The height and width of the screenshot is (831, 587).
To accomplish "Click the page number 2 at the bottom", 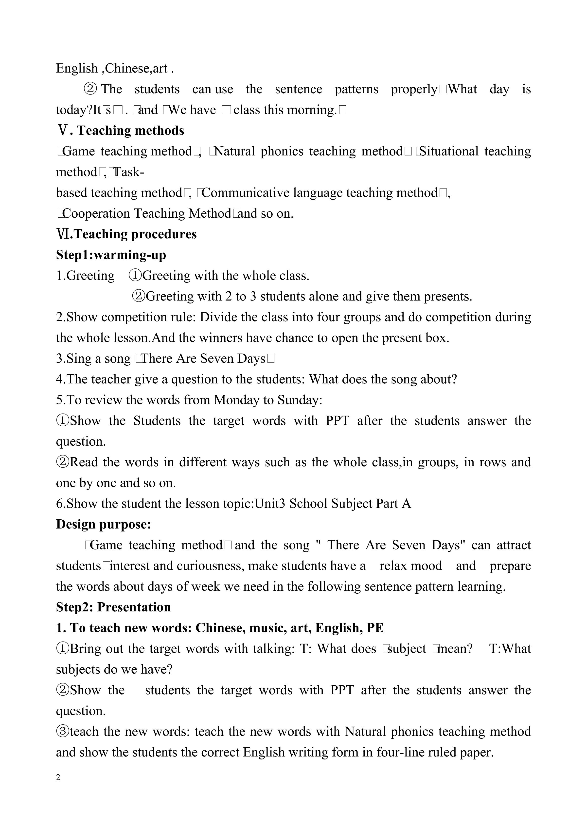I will [x=58, y=778].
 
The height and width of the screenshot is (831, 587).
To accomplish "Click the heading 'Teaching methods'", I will [x=130, y=131].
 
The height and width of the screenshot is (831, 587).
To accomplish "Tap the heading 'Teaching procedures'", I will [x=135, y=234].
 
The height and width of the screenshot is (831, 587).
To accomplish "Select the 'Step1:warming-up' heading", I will [x=111, y=255].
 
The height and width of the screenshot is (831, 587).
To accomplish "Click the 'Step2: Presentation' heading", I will [x=113, y=607].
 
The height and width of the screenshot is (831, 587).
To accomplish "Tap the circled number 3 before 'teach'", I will [x=63, y=732].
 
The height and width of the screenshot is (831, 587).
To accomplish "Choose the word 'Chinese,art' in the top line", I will [x=136, y=68].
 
